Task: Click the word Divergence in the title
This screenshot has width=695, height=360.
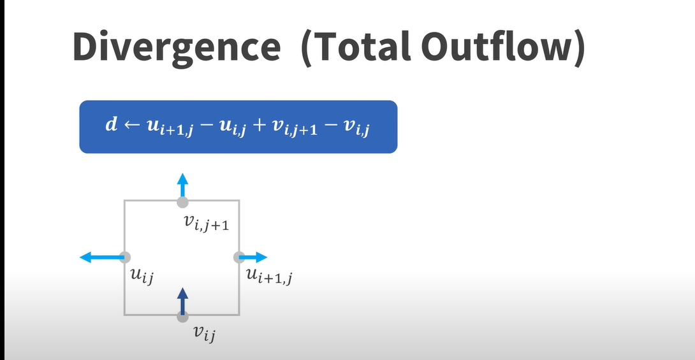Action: click(177, 48)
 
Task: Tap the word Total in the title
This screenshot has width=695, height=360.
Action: click(363, 47)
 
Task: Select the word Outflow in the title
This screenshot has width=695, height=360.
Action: click(495, 47)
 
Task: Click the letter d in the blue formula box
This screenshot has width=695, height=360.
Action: click(111, 124)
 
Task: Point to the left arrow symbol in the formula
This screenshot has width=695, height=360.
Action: click(131, 126)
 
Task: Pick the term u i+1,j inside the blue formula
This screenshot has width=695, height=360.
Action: click(170, 127)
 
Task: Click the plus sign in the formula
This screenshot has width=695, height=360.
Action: click(259, 126)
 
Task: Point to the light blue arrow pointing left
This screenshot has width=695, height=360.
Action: click(102, 257)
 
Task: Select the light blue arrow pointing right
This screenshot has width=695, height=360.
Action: click(253, 257)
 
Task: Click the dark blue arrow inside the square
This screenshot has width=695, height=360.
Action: click(182, 301)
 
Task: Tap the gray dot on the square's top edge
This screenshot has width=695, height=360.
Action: click(182, 202)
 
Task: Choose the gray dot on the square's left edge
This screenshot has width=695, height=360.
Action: click(125, 257)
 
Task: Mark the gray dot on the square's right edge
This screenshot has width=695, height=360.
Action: click(239, 257)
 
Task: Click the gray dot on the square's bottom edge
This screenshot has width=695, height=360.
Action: click(182, 317)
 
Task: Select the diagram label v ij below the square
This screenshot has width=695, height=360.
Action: click(205, 333)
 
